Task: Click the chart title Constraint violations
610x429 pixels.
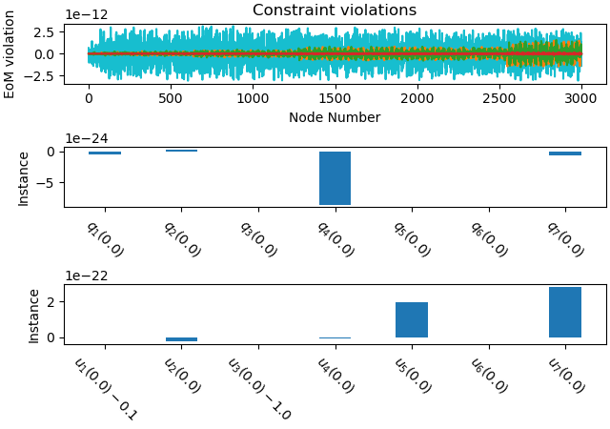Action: tap(334, 10)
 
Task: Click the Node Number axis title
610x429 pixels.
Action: tap(334, 117)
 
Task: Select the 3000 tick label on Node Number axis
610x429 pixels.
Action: tap(580, 98)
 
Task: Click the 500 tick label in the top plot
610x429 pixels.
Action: tap(171, 98)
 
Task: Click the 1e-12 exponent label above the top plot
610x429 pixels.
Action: tap(86, 14)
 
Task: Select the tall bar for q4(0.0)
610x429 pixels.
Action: tap(335, 178)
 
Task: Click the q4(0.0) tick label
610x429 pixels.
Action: tap(335, 239)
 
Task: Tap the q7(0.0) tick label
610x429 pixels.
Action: tap(565, 239)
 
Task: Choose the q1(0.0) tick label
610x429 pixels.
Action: tap(105, 239)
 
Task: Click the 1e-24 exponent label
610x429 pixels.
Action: tap(86, 138)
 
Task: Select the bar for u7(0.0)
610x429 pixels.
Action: tap(565, 312)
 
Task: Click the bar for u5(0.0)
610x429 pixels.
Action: tap(412, 319)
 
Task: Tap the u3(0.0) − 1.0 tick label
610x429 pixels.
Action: tap(258, 388)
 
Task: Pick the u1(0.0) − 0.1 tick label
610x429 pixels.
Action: tap(105, 388)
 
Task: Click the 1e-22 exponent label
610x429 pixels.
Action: tap(86, 276)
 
